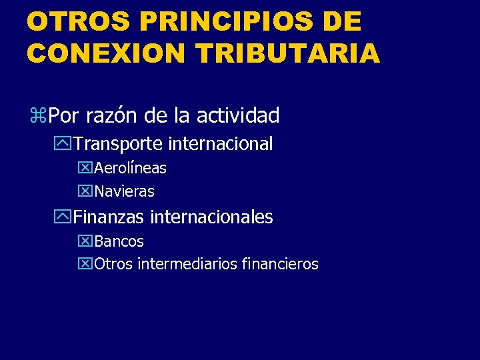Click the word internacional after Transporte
[x=221, y=143]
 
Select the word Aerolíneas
[x=131, y=168]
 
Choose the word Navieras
[x=125, y=192]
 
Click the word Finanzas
[x=109, y=217]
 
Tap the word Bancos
[x=119, y=241]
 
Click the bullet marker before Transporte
[x=65, y=144]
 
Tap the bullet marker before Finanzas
[x=65, y=217]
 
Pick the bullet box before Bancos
[x=86, y=241]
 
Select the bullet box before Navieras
[x=86, y=192]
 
